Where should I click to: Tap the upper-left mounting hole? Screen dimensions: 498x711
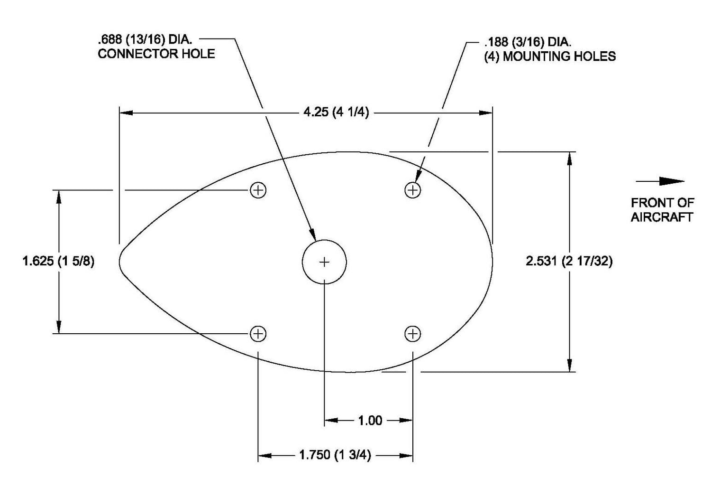(x=258, y=190)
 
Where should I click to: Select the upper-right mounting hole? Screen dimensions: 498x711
(x=413, y=190)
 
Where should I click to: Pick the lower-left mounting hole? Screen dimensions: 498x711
(x=258, y=334)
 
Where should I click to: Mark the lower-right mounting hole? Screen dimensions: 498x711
(x=413, y=334)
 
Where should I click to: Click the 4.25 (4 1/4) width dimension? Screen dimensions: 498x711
(x=336, y=113)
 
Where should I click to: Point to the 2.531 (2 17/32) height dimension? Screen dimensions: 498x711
(x=569, y=261)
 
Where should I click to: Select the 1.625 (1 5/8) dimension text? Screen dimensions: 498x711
(x=58, y=261)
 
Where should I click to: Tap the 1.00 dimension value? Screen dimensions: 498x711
(x=370, y=421)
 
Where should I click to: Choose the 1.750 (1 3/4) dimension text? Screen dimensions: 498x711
(x=335, y=455)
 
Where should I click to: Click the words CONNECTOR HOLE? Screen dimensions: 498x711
(x=156, y=54)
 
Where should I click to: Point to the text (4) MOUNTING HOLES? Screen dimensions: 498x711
(x=550, y=56)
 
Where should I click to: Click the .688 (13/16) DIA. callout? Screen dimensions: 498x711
(x=145, y=39)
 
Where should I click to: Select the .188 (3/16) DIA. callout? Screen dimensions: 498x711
(x=528, y=42)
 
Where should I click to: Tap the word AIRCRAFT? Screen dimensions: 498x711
(x=662, y=217)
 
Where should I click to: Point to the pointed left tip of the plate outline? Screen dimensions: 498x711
(x=120, y=261)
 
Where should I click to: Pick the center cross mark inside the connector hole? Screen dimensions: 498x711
(x=324, y=262)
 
